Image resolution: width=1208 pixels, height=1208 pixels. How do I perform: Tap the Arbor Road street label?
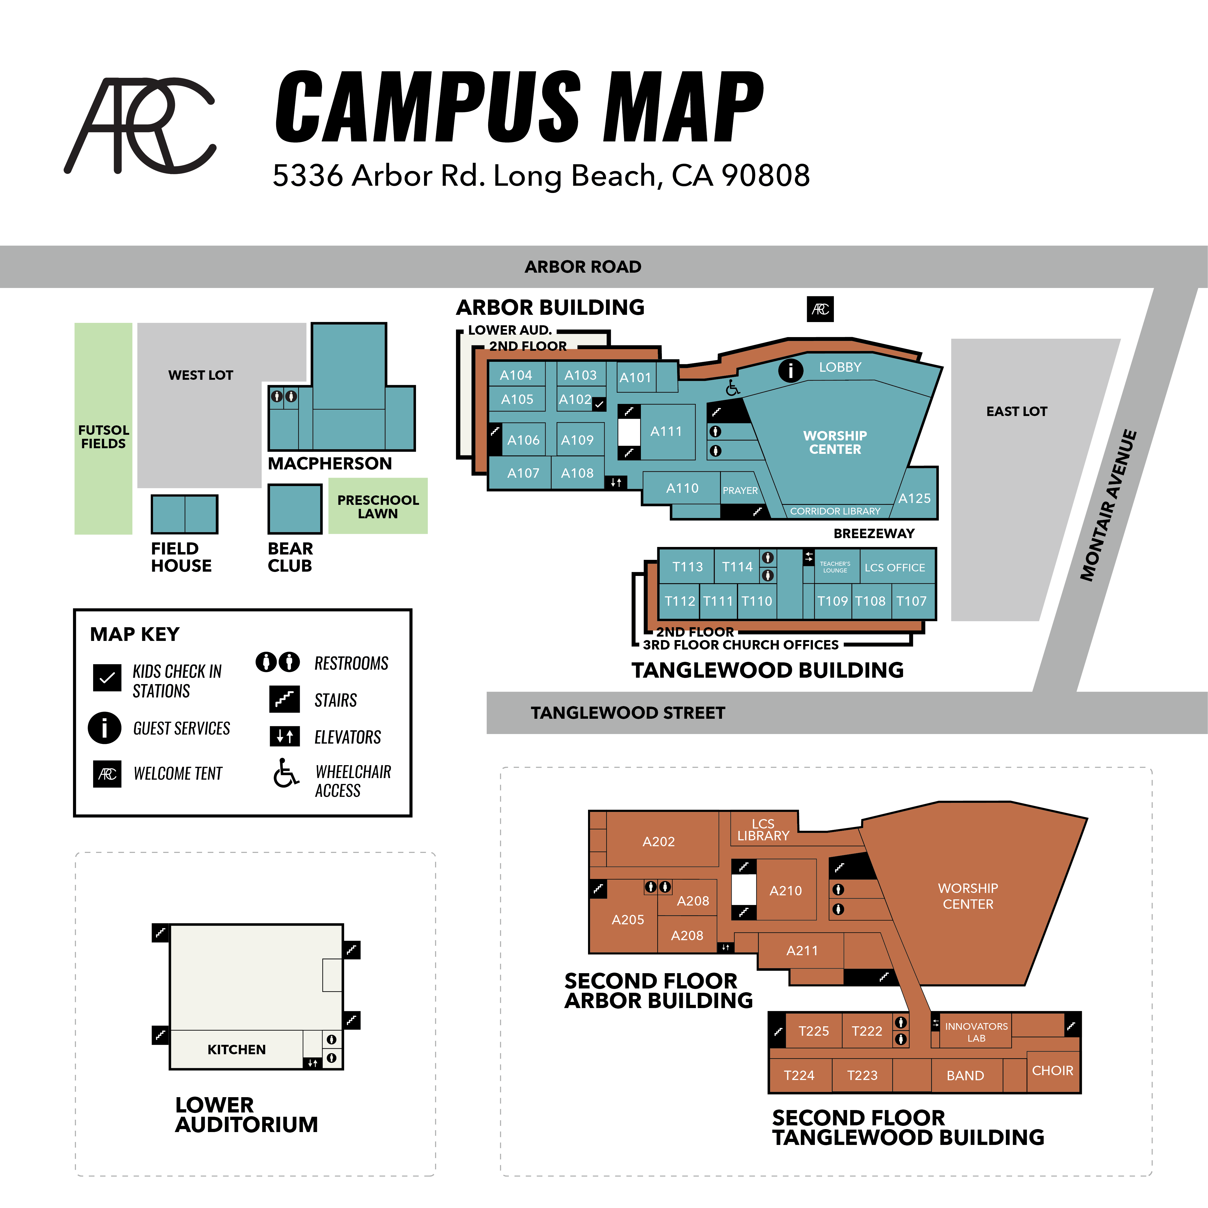583,267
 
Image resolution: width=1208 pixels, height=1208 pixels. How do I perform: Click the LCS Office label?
895,568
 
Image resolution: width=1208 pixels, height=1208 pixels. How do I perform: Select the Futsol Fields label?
104,436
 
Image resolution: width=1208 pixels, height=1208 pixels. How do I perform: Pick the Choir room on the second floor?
1052,1070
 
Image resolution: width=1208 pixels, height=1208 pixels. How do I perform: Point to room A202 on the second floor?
658,842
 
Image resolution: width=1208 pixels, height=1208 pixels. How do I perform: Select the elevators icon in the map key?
284,736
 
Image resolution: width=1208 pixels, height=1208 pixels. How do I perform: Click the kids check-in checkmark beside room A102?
599,404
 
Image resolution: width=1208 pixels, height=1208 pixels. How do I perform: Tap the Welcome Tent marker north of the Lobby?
820,309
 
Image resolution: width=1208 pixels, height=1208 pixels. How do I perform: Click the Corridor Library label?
835,512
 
